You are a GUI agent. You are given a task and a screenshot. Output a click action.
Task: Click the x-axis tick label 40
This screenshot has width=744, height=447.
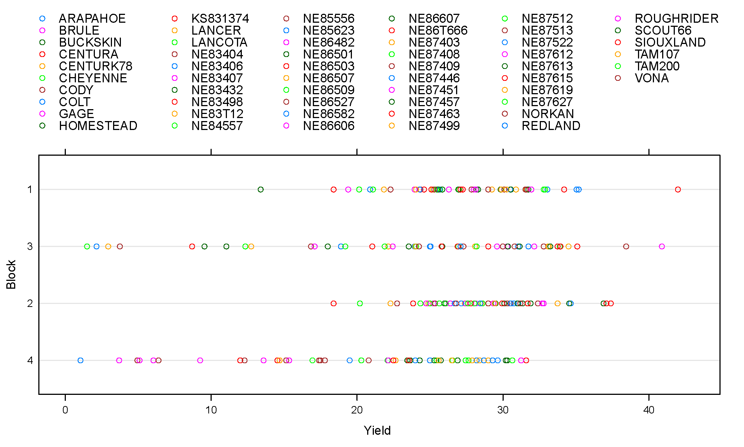pyautogui.click(x=649, y=410)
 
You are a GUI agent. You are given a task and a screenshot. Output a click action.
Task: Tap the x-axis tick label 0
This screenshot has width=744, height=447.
pyautogui.click(x=65, y=410)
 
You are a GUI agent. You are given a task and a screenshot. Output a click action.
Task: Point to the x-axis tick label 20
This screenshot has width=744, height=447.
pyautogui.click(x=357, y=410)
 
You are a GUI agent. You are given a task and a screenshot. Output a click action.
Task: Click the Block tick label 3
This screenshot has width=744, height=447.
pyautogui.click(x=30, y=247)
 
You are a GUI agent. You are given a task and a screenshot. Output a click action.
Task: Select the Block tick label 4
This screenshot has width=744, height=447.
pyautogui.click(x=30, y=361)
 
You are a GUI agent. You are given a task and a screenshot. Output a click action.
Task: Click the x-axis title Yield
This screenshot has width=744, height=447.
pyautogui.click(x=377, y=431)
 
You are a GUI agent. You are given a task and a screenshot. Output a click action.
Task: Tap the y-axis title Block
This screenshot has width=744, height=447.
pyautogui.click(x=11, y=275)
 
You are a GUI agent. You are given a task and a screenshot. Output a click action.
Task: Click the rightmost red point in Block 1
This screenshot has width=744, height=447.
pyautogui.click(x=678, y=190)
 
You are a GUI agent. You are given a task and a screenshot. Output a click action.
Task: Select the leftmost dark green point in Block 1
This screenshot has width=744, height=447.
pyautogui.click(x=261, y=190)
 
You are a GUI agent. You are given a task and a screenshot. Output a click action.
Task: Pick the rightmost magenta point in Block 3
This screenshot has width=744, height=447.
pyautogui.click(x=662, y=247)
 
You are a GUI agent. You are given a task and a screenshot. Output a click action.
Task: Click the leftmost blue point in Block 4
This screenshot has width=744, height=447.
pyautogui.click(x=80, y=361)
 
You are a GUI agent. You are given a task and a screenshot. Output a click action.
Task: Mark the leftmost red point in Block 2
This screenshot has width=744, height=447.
pyautogui.click(x=334, y=304)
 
